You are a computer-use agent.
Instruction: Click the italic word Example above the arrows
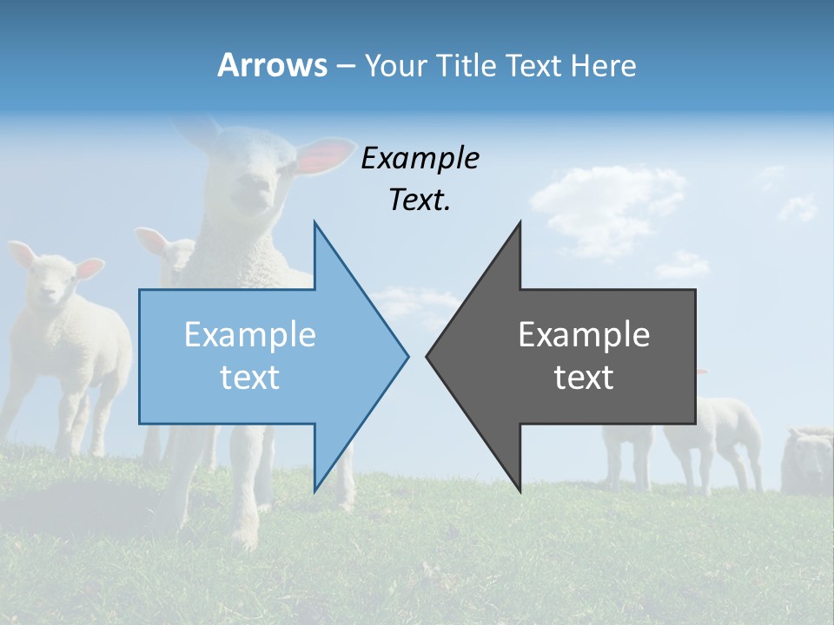[x=420, y=159]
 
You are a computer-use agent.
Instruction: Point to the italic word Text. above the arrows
[x=420, y=201]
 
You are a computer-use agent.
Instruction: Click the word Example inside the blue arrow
[x=250, y=335]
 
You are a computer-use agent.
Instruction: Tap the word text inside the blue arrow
[x=250, y=378]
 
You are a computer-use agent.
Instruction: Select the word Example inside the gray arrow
[x=584, y=335]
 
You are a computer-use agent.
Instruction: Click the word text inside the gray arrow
[x=584, y=378]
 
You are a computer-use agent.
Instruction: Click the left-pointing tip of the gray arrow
[x=428, y=356]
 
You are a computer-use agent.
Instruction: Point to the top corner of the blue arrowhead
[x=314, y=223]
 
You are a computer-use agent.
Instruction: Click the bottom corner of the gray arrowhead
[x=520, y=490]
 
